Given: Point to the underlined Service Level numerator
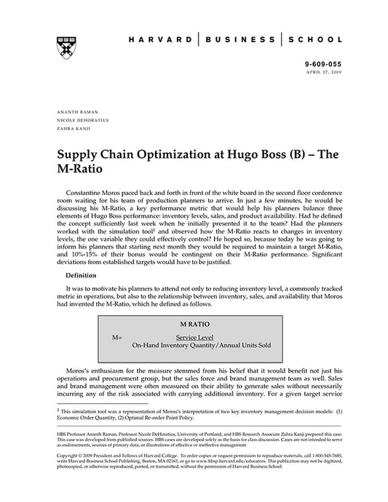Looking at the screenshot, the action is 194,338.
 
